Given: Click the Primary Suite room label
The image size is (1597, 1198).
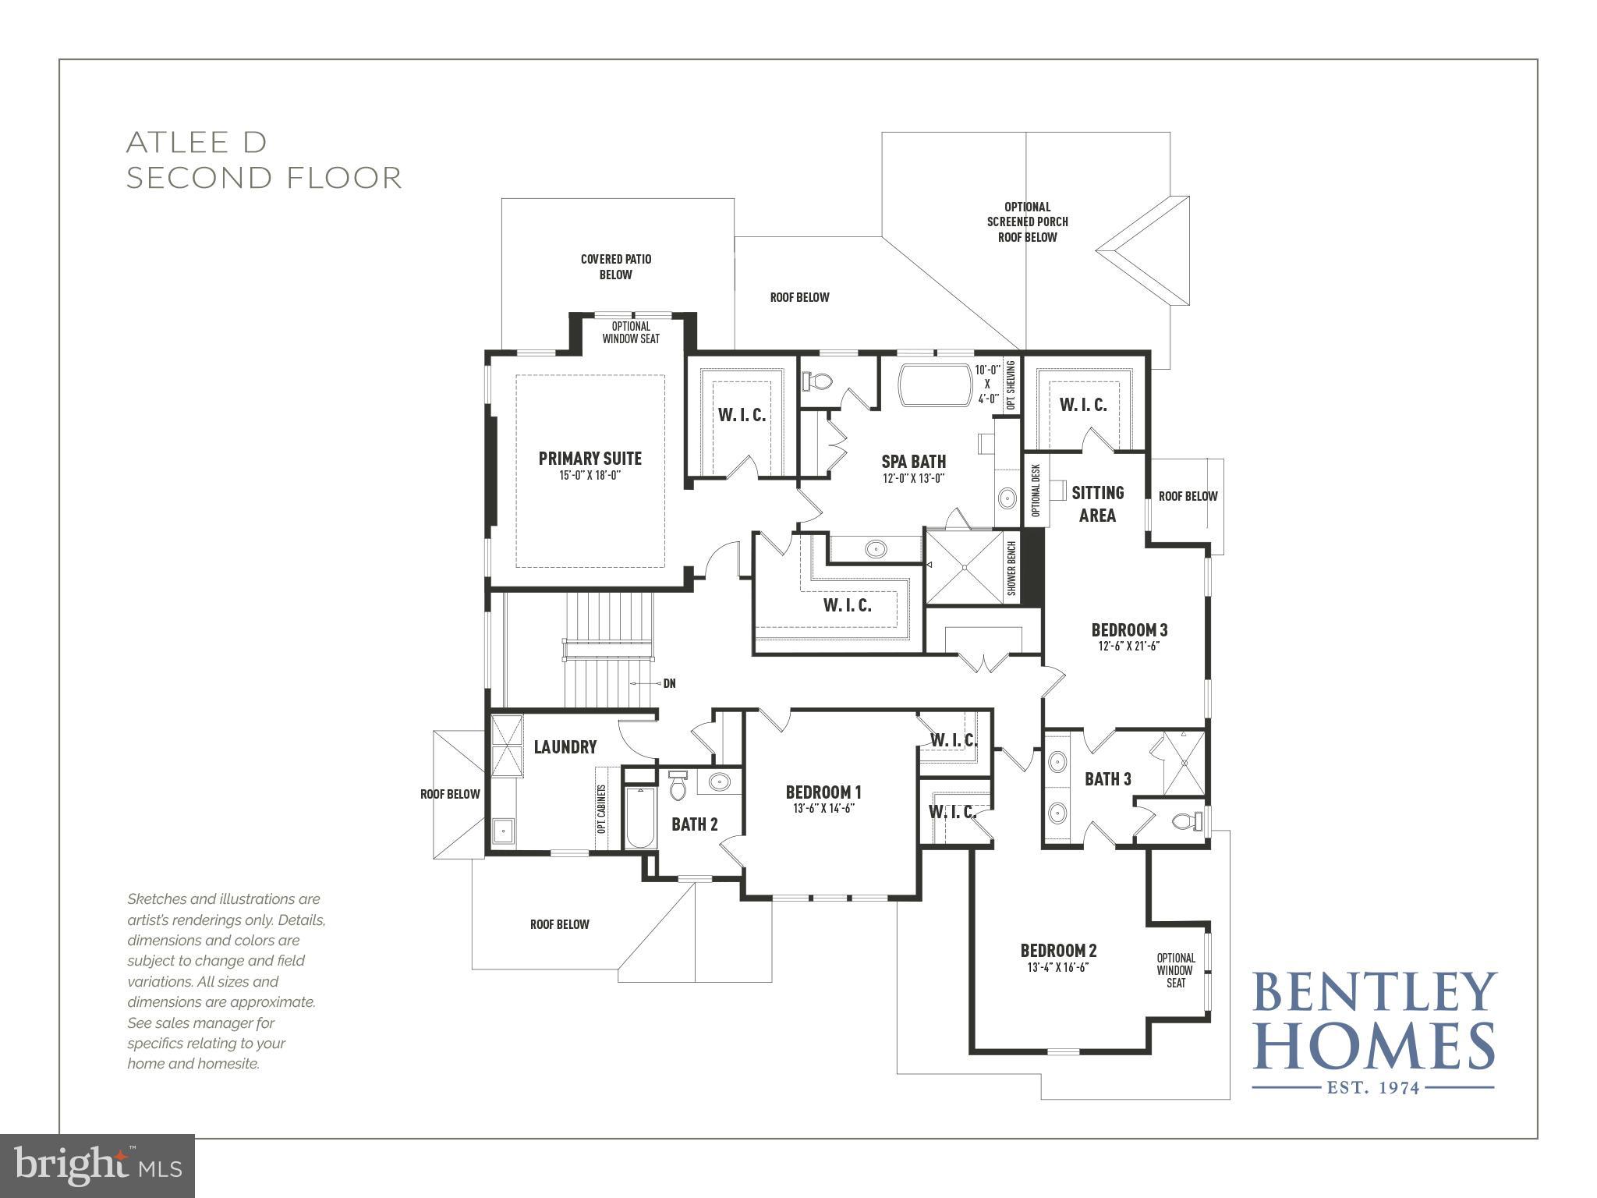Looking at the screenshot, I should (590, 458).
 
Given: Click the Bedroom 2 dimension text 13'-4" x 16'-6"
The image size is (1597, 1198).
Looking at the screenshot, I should (1057, 967).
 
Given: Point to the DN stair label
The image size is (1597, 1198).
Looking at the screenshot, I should (668, 683).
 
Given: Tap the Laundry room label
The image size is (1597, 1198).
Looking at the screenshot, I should (565, 747).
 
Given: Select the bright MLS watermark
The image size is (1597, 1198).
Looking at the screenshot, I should (97, 1166).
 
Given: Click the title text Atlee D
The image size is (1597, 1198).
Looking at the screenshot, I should (197, 142).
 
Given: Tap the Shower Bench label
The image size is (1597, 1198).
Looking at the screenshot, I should (1012, 569).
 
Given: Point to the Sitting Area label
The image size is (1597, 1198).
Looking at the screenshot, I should (1097, 503).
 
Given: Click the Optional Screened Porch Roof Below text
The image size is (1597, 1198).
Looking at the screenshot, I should (1027, 222).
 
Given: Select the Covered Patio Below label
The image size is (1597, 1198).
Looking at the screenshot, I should (615, 267).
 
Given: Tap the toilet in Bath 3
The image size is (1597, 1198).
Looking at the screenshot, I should (1187, 821).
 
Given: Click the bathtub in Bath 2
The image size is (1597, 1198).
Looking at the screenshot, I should (640, 819).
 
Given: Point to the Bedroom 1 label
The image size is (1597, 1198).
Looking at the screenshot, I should (823, 792).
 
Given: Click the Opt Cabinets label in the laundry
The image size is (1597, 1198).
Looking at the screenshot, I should (601, 810).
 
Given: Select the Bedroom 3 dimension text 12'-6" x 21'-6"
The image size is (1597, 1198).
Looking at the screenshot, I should (1129, 646).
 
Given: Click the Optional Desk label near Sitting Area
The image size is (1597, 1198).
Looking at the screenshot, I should (1036, 491).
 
